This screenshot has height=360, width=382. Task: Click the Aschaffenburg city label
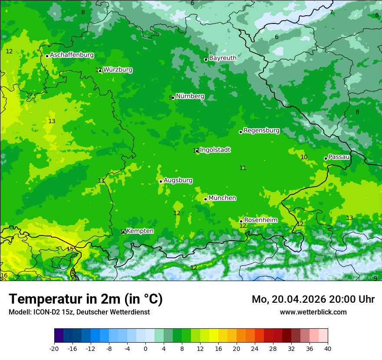pyautogui.click(x=72, y=55)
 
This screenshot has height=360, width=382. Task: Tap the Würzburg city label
pyautogui.click(x=118, y=70)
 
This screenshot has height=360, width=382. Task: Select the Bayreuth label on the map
pyautogui.click(x=223, y=58)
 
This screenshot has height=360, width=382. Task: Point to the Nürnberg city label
pyautogui.click(x=190, y=96)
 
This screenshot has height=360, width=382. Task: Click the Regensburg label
pyautogui.click(x=261, y=131)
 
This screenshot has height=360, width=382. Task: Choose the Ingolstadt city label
pyautogui.click(x=215, y=150)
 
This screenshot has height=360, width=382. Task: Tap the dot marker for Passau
pyautogui.click(x=326, y=158)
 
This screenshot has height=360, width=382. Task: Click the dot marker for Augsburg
pyautogui.click(x=161, y=181)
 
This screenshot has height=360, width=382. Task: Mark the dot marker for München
pyautogui.click(x=205, y=199)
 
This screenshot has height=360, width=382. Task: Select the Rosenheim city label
pyautogui.click(x=260, y=220)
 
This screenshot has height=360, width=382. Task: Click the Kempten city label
pyautogui.click(x=140, y=231)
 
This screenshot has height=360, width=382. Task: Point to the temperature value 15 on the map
pyautogui.click(x=70, y=249)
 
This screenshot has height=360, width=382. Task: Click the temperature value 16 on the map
pyautogui.click(x=4, y=276)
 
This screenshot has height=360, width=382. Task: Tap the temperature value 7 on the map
pyautogui.click(x=331, y=12)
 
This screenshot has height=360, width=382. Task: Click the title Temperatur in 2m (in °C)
pyautogui.click(x=86, y=299)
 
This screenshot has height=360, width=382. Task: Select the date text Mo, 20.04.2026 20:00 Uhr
pyautogui.click(x=313, y=299)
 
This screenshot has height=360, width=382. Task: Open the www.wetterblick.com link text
pyautogui.click(x=313, y=312)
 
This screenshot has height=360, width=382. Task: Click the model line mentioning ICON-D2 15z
pyautogui.click(x=79, y=312)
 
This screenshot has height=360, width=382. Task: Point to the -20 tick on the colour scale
pyautogui.click(x=54, y=349)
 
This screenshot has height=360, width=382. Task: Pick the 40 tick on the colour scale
pyautogui.click(x=328, y=349)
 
